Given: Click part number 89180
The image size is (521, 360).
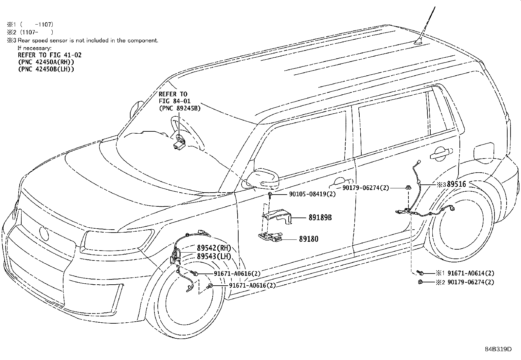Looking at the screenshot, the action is pos(308,239).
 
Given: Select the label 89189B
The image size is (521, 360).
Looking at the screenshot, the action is pos(320,218).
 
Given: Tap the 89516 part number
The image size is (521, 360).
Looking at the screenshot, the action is pos(456,184).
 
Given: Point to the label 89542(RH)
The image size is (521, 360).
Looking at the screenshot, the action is pos(214,248).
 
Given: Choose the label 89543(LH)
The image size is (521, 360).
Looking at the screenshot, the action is pos(214,256).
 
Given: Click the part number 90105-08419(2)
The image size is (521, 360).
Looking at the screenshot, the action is pos(312,194).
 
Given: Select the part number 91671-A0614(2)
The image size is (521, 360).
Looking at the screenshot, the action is pos(471,273).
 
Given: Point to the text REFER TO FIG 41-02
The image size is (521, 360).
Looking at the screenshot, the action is pos(49,55).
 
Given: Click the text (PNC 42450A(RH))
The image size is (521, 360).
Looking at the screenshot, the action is pos(46,62).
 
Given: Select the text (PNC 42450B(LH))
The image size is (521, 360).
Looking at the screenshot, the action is pos(46,69).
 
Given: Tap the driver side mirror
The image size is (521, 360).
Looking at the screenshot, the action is pos(263,180).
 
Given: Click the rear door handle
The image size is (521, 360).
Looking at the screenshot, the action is pos(441,154).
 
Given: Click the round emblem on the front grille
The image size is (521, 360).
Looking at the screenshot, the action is pos(44,233).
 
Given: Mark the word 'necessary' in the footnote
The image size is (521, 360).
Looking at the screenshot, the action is pos(37,48).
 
